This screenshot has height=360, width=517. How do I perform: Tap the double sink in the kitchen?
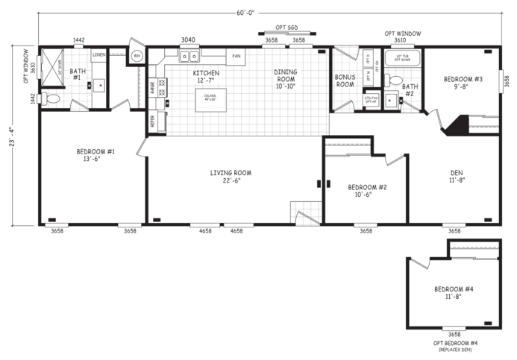coord(189,55)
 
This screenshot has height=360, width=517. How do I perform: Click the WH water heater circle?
coord(137,56)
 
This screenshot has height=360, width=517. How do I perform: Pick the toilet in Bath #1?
coord(52,98)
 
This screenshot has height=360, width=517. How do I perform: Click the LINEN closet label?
coord(99,55)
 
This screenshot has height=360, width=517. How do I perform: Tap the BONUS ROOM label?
coord(345,81)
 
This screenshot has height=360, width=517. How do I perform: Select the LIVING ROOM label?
coord(231,177)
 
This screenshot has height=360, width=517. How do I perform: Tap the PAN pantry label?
coord(236,56)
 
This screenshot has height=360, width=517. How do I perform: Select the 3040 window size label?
coord(188,40)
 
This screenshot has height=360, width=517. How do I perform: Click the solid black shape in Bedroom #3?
coord(455,125)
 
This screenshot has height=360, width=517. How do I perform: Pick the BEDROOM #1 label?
coord(95,155)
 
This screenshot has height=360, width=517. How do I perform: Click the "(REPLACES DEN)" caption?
coord(454,349)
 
